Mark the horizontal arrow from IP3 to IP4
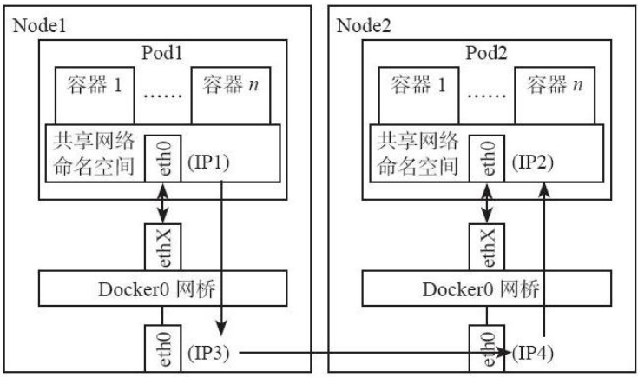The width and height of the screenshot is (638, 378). tap(365, 353)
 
